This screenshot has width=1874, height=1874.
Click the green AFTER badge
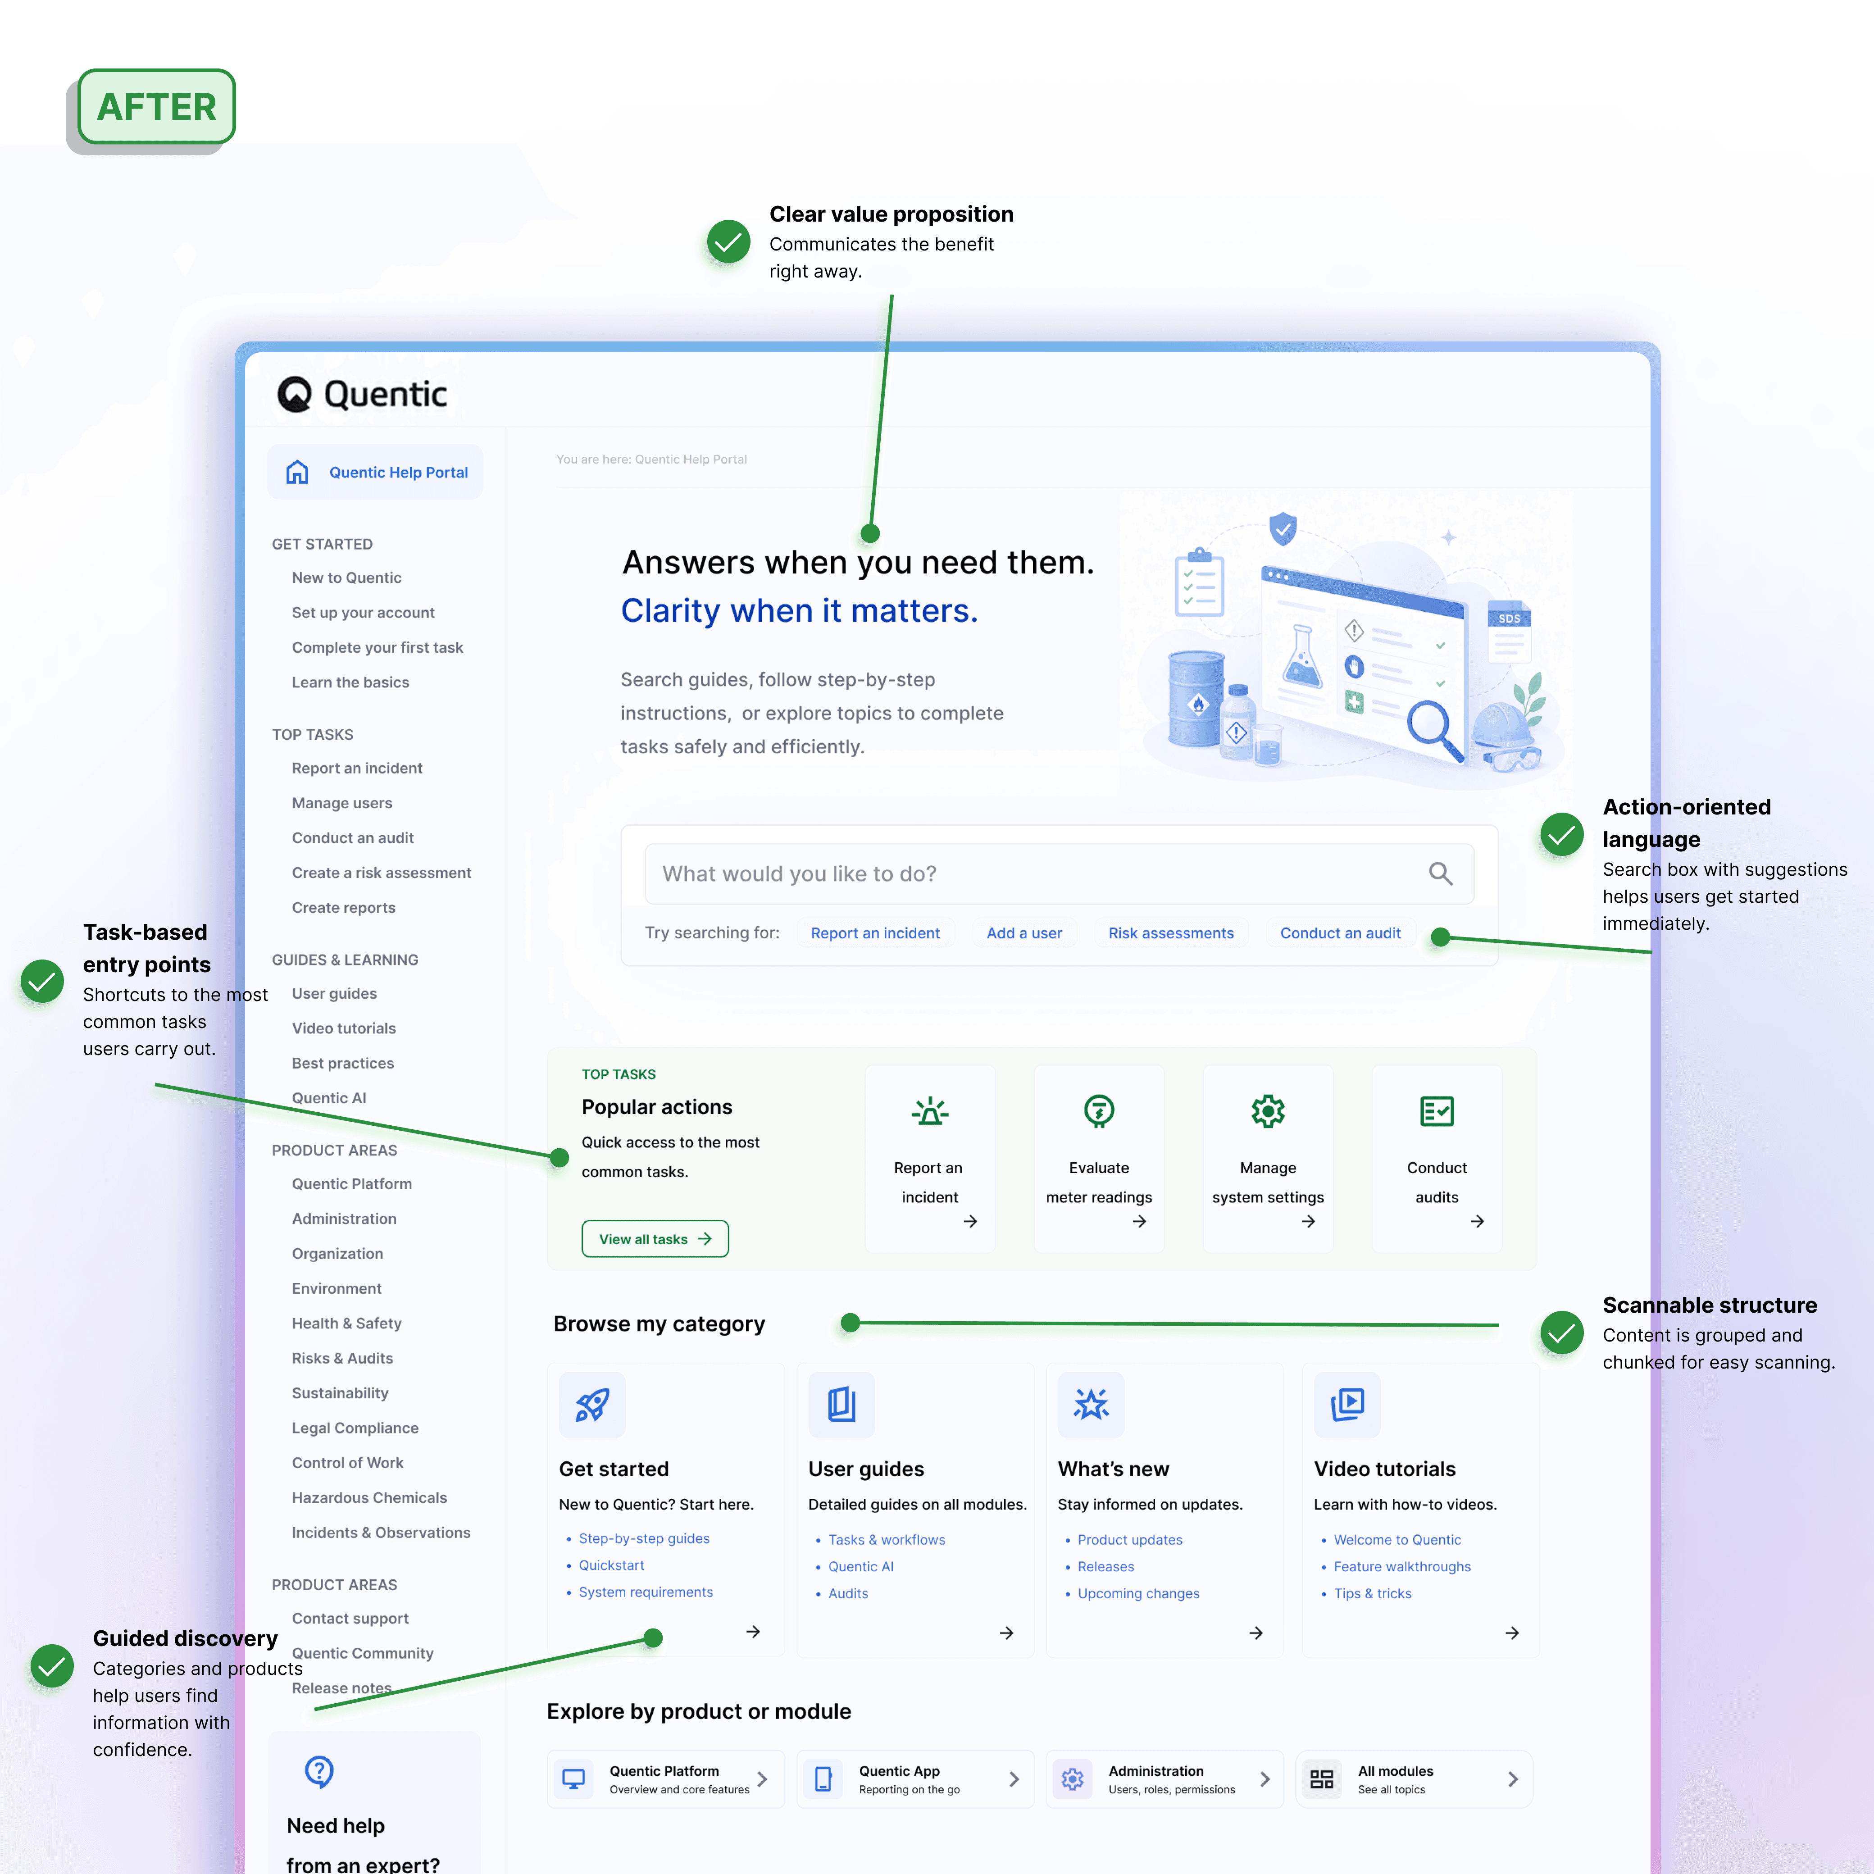[156, 107]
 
